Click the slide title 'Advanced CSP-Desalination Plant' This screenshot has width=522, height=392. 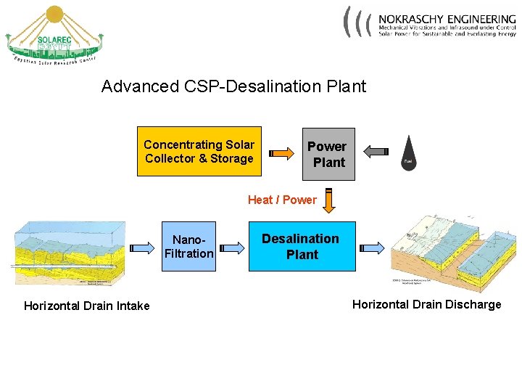tap(233, 86)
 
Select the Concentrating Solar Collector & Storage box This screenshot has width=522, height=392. tap(199, 152)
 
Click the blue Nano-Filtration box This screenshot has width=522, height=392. tap(188, 246)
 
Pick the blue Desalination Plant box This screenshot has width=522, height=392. tap(302, 246)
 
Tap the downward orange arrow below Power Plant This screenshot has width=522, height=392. tap(329, 200)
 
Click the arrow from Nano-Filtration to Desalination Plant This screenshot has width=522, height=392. tap(231, 248)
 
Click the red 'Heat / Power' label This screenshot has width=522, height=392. tap(282, 200)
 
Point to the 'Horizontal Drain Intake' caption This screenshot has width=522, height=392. tap(86, 306)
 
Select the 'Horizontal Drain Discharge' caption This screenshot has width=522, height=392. tap(426, 304)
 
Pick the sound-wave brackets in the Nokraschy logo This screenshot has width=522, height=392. tap(357, 22)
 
